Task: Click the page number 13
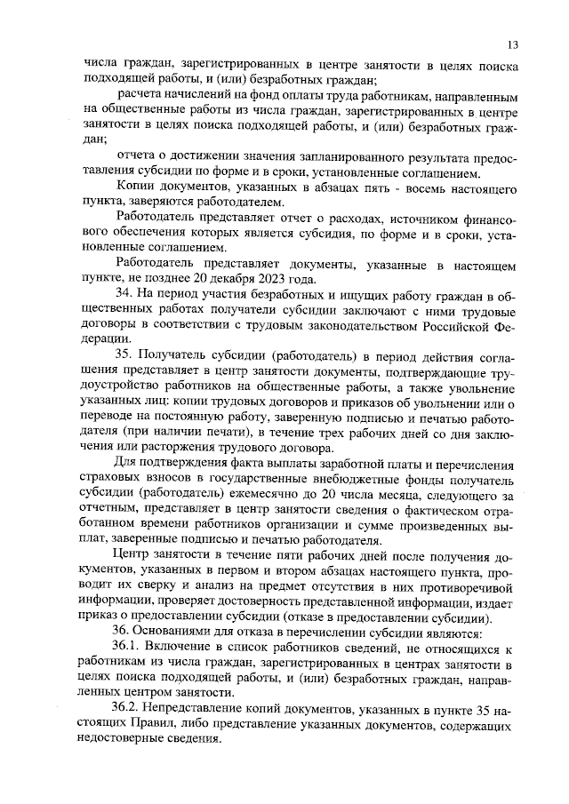click(513, 44)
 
